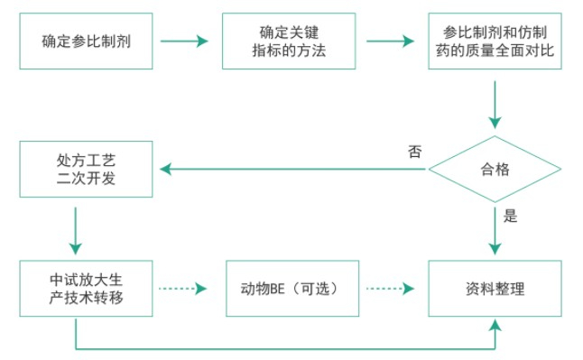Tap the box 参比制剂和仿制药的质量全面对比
pyautogui.click(x=494, y=41)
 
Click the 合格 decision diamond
pyautogui.click(x=494, y=168)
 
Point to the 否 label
pyautogui.click(x=414, y=151)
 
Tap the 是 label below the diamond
pyautogui.click(x=510, y=216)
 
